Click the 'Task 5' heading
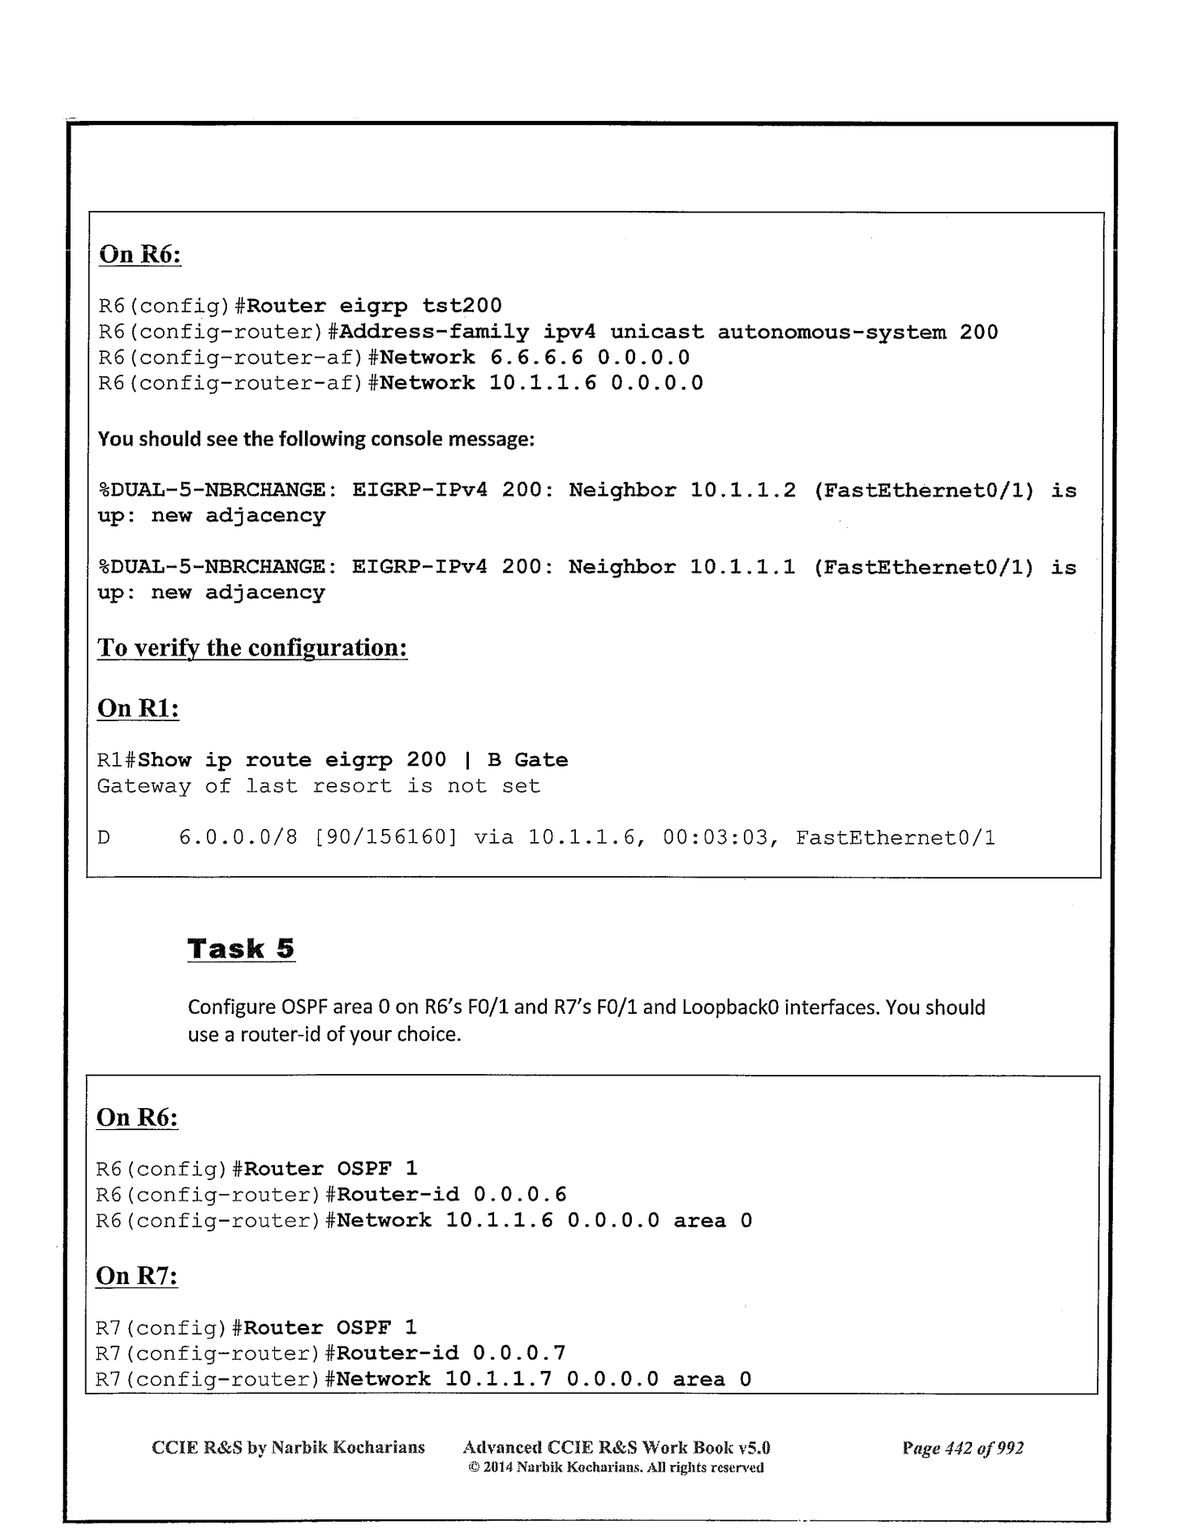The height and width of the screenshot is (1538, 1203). [241, 948]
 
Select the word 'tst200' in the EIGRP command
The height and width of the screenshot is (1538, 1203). [462, 306]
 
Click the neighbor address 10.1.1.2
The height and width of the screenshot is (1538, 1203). [743, 491]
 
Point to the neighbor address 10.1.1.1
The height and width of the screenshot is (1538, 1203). [743, 568]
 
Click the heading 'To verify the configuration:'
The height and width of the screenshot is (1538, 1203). [251, 648]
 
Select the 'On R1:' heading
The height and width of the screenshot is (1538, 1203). [138, 708]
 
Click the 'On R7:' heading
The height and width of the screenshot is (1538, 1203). [137, 1276]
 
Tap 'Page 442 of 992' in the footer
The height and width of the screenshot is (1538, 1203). [963, 1448]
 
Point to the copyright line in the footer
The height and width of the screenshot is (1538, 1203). [617, 1467]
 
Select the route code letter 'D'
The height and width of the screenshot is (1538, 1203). [104, 838]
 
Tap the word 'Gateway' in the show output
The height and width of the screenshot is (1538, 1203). [144, 786]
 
